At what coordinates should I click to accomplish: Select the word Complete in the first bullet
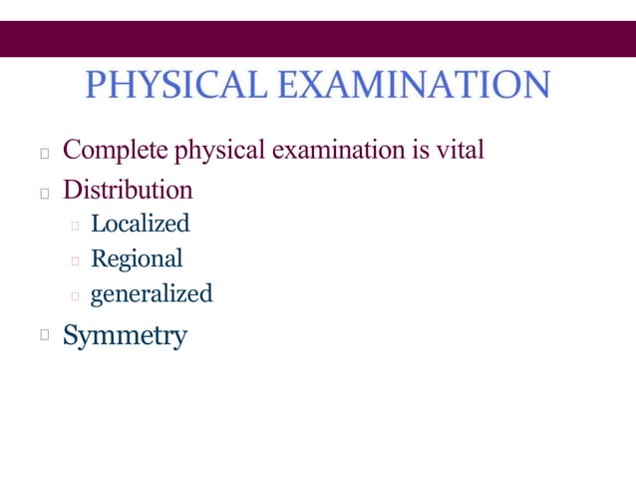(115, 152)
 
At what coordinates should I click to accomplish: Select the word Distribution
(128, 189)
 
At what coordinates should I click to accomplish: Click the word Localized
(140, 224)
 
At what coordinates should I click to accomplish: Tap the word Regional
(137, 259)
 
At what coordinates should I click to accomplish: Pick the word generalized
(152, 294)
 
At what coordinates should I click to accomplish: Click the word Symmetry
(125, 336)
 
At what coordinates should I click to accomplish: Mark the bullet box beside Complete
(43, 155)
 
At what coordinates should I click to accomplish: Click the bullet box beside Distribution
(43, 192)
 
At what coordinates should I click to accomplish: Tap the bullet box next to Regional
(75, 261)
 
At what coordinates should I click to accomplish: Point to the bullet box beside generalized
(75, 296)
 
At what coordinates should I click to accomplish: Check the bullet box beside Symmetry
(43, 337)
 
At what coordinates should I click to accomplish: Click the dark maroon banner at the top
(318, 39)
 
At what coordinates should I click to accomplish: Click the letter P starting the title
(96, 85)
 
